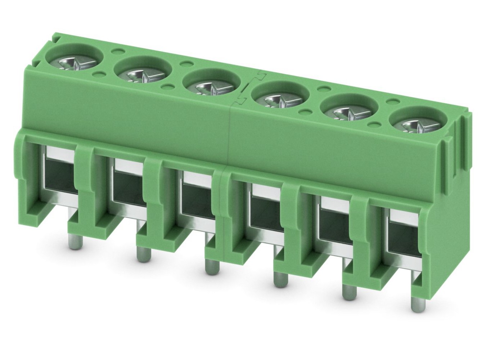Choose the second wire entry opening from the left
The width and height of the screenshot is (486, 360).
[128, 187]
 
